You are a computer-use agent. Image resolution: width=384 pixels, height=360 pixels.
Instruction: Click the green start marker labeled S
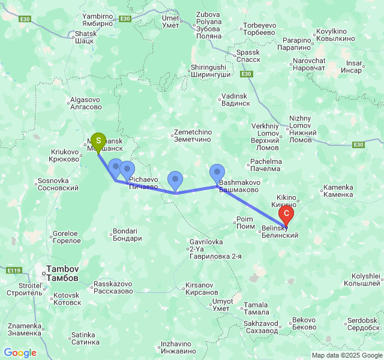(98, 140)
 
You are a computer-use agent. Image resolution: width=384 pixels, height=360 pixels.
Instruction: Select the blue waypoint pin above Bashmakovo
(217, 173)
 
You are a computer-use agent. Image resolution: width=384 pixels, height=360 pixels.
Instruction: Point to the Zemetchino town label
(193, 136)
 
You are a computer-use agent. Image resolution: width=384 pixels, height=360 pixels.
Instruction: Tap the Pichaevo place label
(143, 183)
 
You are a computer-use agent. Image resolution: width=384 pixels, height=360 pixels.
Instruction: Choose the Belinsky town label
(280, 232)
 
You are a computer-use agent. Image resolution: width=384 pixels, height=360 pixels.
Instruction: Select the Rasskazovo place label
(113, 287)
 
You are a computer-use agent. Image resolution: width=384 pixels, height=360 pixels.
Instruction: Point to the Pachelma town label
(265, 166)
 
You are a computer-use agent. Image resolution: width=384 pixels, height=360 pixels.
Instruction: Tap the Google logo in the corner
(20, 353)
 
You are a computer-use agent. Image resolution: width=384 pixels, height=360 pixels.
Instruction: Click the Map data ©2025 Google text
(347, 355)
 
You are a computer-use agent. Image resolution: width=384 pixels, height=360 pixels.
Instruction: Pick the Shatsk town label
(84, 37)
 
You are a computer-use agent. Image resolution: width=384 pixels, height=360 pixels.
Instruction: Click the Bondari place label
(127, 235)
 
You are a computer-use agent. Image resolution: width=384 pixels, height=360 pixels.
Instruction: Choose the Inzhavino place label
(178, 347)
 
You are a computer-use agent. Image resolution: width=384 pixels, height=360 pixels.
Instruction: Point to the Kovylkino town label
(332, 35)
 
